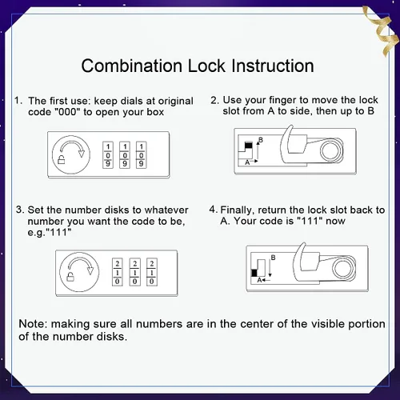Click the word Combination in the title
(132, 66)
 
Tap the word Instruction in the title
(273, 66)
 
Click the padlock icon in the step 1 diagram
(62, 159)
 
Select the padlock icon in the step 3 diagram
(70, 277)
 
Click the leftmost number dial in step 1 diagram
(108, 155)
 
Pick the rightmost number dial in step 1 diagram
(142, 155)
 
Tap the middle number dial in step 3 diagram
(134, 272)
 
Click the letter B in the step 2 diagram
(261, 140)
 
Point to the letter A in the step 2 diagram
(247, 162)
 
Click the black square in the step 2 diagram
(249, 146)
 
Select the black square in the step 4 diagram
(254, 273)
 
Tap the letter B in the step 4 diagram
(273, 258)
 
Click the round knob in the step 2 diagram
(330, 151)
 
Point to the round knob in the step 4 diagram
(343, 269)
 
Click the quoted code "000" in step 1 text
(67, 112)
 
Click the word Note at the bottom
(33, 324)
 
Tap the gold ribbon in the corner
(382, 30)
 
